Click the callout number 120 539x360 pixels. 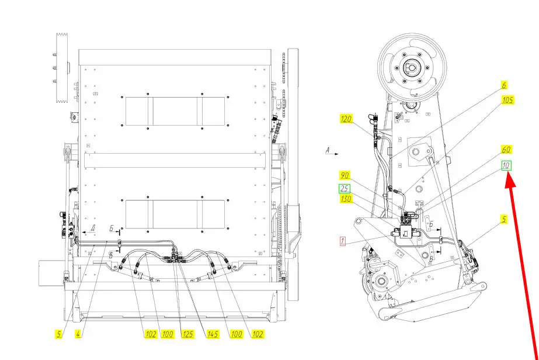pos(347,119)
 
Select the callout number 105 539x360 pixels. pos(507,100)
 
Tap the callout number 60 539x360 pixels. pos(505,150)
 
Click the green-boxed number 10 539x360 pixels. pos(506,166)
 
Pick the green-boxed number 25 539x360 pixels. pos(345,188)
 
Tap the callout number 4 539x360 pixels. pos(77,334)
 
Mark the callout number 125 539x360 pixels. pos(188,334)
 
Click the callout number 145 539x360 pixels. pos(213,334)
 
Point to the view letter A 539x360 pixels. pos(328,151)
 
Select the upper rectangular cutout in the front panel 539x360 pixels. pos(175,110)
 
